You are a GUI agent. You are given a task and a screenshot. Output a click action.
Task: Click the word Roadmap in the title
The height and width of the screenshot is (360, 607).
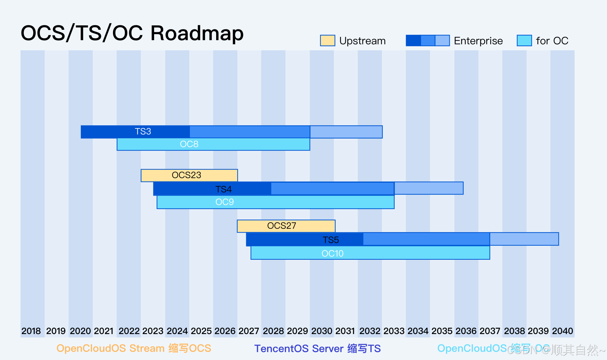point(197,33)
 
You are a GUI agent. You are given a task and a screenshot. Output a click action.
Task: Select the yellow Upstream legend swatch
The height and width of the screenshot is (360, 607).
point(327,40)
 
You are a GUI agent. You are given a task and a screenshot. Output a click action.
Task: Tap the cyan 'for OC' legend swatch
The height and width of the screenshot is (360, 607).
point(524,40)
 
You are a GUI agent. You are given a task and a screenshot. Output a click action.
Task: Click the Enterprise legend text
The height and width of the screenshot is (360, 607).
point(478,41)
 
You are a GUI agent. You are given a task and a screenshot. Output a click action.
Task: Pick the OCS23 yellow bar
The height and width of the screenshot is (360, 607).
point(189,175)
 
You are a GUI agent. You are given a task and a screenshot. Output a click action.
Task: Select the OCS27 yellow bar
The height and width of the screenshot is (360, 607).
point(286,226)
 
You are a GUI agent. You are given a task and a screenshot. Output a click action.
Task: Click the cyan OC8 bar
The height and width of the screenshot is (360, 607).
point(213,144)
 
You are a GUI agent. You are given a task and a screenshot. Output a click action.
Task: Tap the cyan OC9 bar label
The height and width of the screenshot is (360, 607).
point(224,202)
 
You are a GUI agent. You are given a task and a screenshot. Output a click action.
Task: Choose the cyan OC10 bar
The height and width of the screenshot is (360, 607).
point(370,253)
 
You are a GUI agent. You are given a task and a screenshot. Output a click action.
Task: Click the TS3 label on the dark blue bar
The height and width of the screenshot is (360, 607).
point(143,132)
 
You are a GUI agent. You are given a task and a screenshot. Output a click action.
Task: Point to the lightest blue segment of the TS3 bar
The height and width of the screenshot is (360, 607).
point(346,132)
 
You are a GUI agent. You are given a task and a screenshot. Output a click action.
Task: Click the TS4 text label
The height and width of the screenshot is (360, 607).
point(223,189)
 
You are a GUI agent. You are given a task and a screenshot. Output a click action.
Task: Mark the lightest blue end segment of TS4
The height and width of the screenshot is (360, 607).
point(429,188)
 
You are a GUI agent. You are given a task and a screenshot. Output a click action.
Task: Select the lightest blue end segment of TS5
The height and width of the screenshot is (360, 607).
point(524,239)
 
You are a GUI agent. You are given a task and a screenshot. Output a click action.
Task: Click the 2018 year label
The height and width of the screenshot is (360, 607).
point(31,331)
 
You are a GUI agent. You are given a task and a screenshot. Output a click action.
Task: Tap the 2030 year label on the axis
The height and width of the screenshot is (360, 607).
point(322,331)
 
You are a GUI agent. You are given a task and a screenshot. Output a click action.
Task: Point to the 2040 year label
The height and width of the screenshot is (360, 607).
point(562,331)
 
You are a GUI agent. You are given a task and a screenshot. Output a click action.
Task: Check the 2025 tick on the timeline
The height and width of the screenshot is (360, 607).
point(201,331)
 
